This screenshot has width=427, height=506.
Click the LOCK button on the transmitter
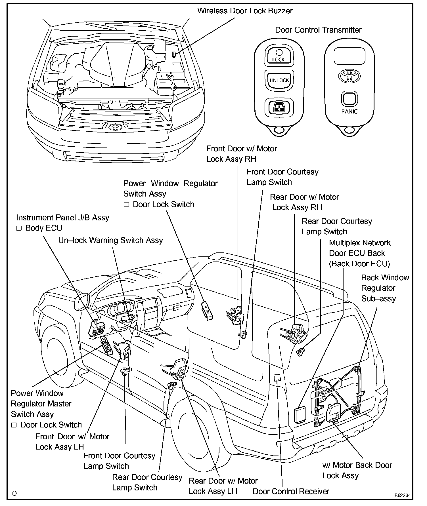(279, 56)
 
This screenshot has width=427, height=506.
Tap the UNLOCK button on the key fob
(279, 80)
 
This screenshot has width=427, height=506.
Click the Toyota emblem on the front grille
(115, 126)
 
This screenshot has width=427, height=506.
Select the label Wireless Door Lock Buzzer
(245, 11)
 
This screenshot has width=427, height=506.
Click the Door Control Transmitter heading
(318, 30)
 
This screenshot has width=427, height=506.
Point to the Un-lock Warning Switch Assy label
(110, 240)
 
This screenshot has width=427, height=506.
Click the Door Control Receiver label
(291, 491)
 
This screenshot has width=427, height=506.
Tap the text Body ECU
(44, 228)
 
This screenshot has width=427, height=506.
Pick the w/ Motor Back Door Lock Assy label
(357, 470)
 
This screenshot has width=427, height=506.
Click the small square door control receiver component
(277, 378)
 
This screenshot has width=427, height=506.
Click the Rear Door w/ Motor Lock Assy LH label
(223, 486)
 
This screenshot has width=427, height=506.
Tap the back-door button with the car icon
(279, 107)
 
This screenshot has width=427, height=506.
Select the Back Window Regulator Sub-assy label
(385, 288)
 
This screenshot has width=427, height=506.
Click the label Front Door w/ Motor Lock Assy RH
(241, 154)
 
